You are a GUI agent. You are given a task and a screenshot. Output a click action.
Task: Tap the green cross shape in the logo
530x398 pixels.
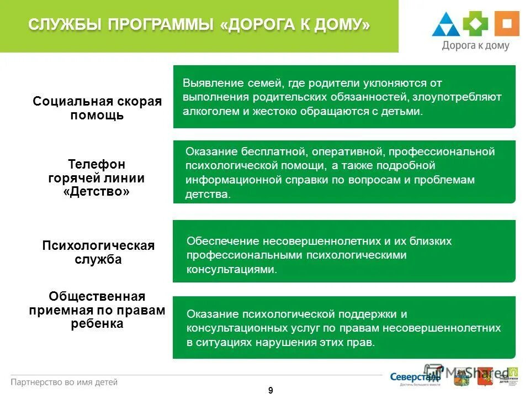[x=475, y=23]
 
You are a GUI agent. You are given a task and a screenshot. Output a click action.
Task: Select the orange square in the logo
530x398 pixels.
[x=506, y=23]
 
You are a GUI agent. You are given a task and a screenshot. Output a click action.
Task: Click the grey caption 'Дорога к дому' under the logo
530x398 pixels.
[x=475, y=46]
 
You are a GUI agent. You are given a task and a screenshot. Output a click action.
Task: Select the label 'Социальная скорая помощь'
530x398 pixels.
[x=97, y=108]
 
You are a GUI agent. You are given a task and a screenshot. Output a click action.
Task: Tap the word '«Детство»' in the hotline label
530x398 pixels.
[x=97, y=192]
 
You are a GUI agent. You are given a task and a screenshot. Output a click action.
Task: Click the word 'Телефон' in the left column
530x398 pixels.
[x=97, y=164]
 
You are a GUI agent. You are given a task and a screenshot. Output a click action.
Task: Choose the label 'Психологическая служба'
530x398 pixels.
[x=98, y=252]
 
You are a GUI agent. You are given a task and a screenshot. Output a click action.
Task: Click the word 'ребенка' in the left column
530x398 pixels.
[x=97, y=324]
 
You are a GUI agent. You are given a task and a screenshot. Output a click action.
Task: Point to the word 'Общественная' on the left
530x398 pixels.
[x=97, y=297]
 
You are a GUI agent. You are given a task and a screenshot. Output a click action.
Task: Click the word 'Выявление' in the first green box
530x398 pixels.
[x=205, y=83]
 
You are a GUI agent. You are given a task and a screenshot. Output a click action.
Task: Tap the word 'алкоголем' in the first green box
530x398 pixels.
[x=207, y=111]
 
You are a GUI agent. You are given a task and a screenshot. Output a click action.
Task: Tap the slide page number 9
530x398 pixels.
[x=271, y=390]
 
